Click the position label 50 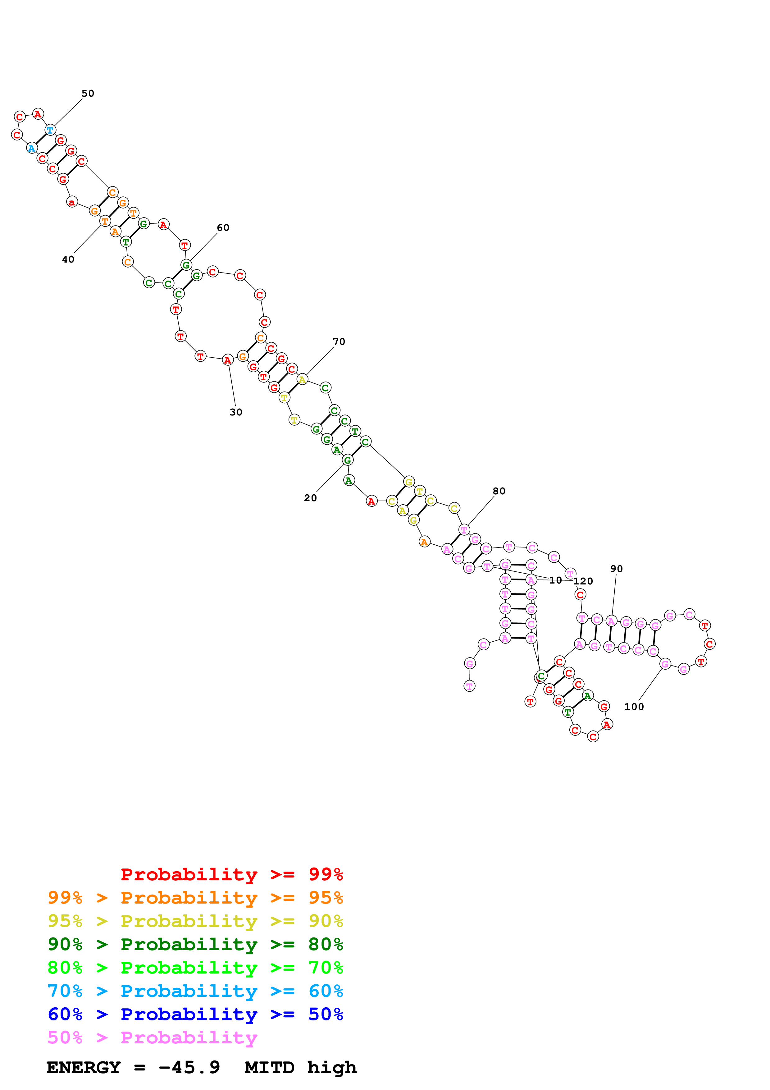pyautogui.click(x=88, y=94)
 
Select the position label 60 pyautogui.click(x=223, y=228)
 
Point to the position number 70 pyautogui.click(x=339, y=342)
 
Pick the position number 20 pyautogui.click(x=310, y=498)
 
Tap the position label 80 pyautogui.click(x=499, y=491)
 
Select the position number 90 pyautogui.click(x=616, y=569)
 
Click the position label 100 pyautogui.click(x=634, y=707)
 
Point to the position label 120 pyautogui.click(x=583, y=582)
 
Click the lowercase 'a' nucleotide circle pyautogui.click(x=72, y=202)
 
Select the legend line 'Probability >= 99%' pyautogui.click(x=231, y=874)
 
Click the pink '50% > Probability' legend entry pyautogui.click(x=152, y=1038)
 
